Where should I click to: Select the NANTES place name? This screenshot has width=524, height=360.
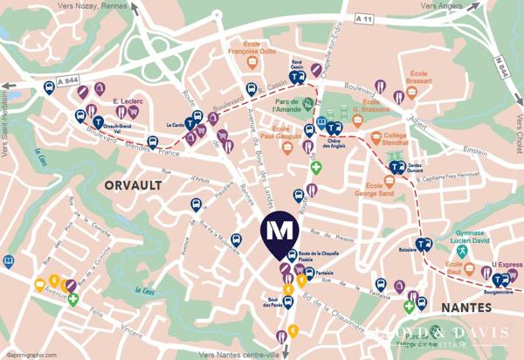pyautogui.click(x=468, y=308)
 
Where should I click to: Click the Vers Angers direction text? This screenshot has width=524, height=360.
pyautogui.click(x=439, y=6)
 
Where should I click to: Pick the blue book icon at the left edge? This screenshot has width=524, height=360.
pyautogui.click(x=9, y=260)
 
